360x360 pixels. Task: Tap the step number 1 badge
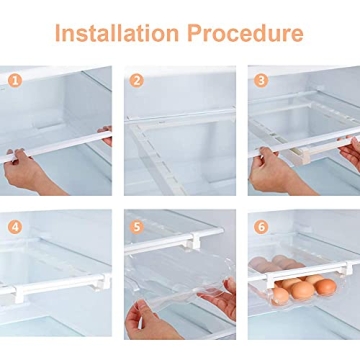click(x=13, y=79)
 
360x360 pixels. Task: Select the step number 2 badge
click(x=137, y=80)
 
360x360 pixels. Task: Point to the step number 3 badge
click(x=261, y=80)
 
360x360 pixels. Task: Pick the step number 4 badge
click(x=13, y=226)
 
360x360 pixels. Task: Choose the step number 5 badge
click(x=137, y=226)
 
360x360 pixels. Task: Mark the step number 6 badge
click(x=261, y=226)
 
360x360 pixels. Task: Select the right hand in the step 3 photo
click(x=349, y=153)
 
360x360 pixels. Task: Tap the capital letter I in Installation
click(x=59, y=34)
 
